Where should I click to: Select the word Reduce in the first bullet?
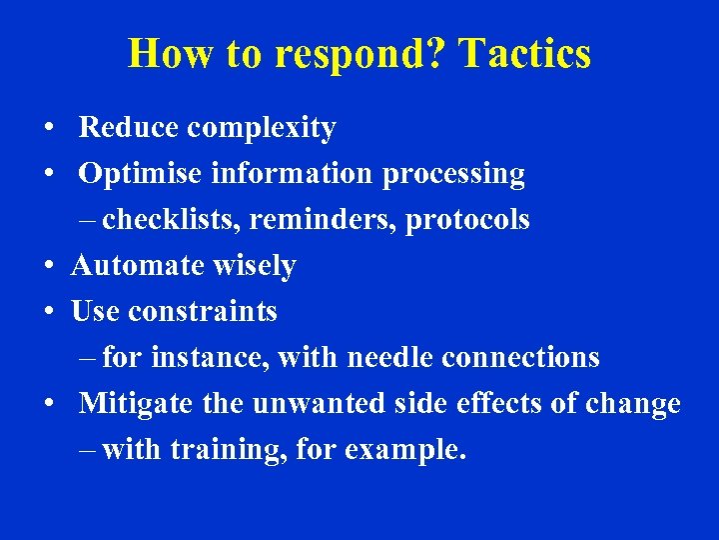click(129, 128)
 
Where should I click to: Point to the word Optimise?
click(141, 175)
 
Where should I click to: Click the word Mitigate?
click(136, 404)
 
